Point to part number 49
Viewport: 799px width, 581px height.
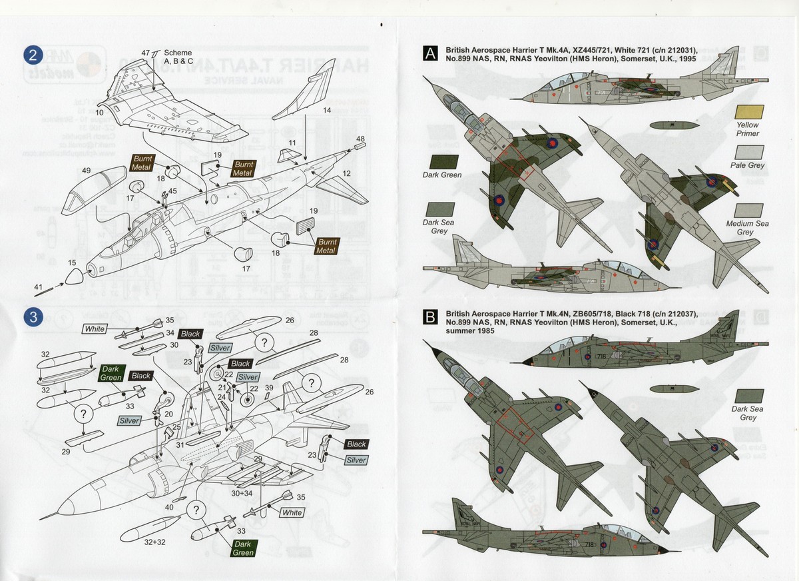tap(86, 171)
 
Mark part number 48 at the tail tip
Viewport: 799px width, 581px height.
tap(360, 139)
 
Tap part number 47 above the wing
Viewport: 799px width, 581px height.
tap(146, 52)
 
